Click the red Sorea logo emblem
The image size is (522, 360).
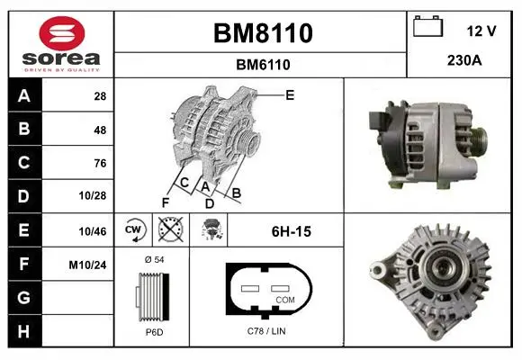[62, 33]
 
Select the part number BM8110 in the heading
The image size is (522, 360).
[263, 33]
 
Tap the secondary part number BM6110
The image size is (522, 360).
[263, 65]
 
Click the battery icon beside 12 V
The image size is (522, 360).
[428, 26]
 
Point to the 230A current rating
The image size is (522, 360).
[464, 60]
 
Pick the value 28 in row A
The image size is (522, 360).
[100, 96]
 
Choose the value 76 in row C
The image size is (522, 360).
[100, 163]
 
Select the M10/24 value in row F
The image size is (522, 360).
[87, 265]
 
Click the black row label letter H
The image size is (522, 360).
[24, 331]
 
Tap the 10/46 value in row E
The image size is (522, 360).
[93, 231]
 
